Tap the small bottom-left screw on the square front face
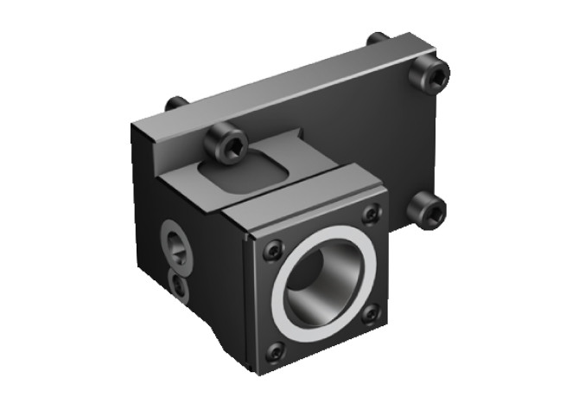coord(275,351)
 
